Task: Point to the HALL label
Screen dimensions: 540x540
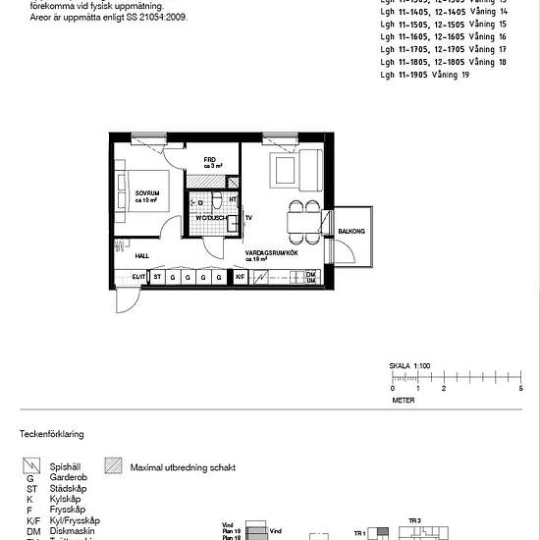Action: click(141, 253)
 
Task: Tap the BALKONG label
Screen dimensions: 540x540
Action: click(351, 233)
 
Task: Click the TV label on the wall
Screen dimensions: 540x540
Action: click(249, 217)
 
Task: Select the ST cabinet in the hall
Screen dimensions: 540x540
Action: click(156, 278)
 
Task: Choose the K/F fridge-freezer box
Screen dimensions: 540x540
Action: click(240, 278)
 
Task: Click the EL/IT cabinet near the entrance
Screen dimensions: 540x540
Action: click(138, 278)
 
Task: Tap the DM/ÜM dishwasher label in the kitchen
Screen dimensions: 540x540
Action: click(310, 278)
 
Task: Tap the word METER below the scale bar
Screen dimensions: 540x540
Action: click(404, 401)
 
